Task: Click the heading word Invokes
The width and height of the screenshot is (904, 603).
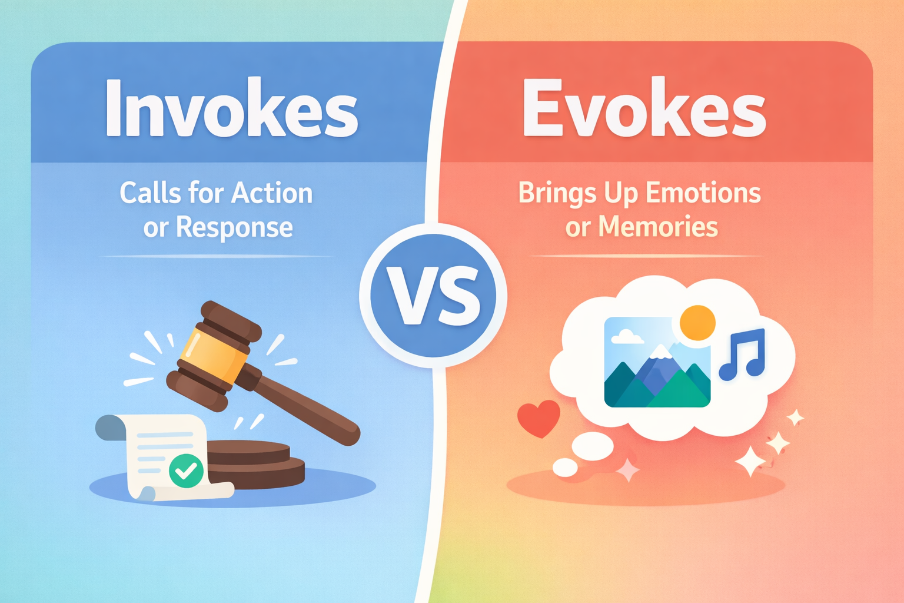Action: click(231, 109)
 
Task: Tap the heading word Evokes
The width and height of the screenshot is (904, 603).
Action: click(644, 109)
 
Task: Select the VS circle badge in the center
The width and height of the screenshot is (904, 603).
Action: click(433, 296)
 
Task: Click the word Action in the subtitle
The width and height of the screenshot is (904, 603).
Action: click(272, 193)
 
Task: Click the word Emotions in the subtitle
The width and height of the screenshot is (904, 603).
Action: click(703, 193)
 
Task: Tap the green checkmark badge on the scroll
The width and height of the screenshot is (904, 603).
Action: click(186, 471)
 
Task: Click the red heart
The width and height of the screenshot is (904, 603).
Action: click(538, 418)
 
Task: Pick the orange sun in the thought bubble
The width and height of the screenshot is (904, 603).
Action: click(697, 323)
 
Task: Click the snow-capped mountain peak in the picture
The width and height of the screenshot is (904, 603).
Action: click(660, 352)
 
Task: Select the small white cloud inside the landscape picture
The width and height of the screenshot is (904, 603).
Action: click(626, 337)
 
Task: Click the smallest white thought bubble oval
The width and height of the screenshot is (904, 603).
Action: click(565, 468)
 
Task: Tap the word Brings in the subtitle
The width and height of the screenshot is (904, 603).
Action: click(549, 193)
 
